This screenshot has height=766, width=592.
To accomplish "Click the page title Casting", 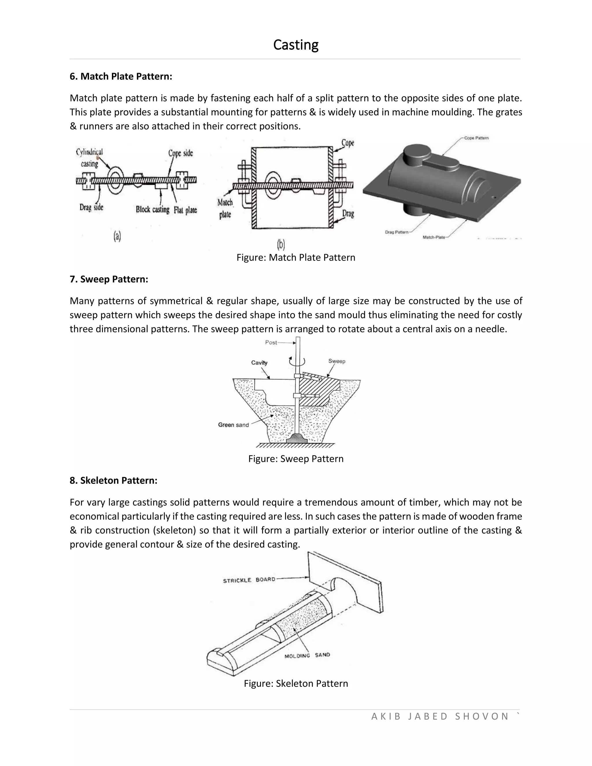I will pos(296,45).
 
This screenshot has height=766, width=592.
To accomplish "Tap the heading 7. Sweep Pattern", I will pos(109,279).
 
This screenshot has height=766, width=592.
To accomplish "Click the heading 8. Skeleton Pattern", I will pos(113,480).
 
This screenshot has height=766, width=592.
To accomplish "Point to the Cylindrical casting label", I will pos(89,158).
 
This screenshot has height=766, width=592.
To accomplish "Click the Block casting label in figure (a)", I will pos(153,210).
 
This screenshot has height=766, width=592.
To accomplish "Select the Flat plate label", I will pos(185,210).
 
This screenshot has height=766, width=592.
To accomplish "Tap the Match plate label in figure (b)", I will pos(225,208).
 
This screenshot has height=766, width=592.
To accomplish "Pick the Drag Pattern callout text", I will pos(396,232).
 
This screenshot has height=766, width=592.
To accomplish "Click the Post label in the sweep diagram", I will pos(271,343).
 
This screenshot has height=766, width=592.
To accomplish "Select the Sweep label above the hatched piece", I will pos(337,361).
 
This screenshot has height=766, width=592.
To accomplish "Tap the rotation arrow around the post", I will pos(297,361).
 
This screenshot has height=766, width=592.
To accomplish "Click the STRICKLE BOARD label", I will pos(249,580).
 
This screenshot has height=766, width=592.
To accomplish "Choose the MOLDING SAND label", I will pos(307,655).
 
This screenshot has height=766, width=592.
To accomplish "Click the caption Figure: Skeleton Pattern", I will pos(296,683).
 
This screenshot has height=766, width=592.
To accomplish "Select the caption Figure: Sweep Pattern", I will pos(296,459).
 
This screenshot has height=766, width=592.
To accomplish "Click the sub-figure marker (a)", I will pos(117,237).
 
